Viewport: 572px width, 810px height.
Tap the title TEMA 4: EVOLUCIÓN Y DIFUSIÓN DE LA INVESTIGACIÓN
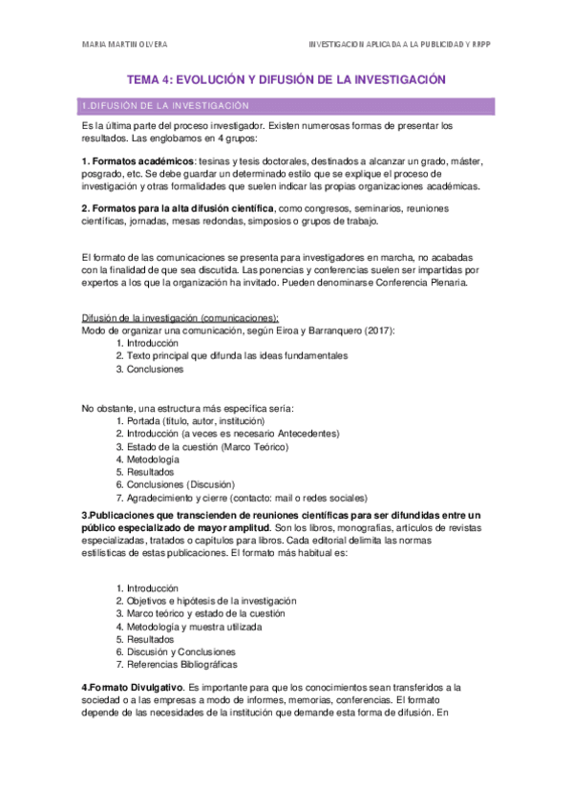coord(286,81)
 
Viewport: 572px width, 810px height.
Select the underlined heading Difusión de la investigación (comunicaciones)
coord(180,318)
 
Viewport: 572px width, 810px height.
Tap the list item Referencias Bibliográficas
coord(182,665)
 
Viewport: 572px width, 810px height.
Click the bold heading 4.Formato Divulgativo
coord(133,688)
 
